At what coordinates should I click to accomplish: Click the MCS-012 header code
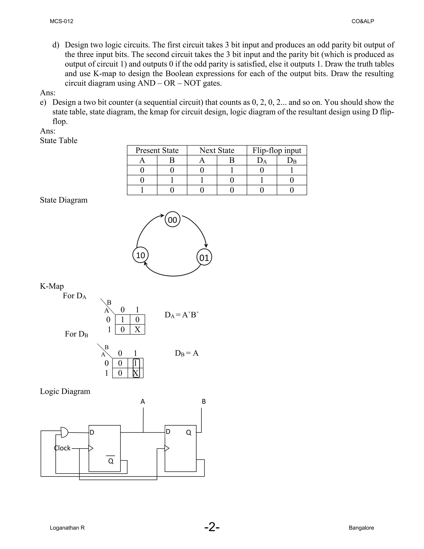coord(61,21)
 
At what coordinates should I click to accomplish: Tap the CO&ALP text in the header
coord(363,21)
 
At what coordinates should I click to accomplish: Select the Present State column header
coord(157,150)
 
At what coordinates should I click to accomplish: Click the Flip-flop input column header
coord(277,150)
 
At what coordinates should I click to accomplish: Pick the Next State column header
coord(217,150)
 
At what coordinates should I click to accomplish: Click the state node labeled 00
coord(173,220)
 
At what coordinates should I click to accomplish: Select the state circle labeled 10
coord(140,255)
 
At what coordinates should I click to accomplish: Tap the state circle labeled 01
coord(204,258)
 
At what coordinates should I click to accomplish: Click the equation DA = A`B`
coord(181,315)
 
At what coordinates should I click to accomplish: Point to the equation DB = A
coord(187,353)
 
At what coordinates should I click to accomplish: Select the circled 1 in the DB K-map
coord(136,363)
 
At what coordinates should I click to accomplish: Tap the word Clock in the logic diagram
coord(63,448)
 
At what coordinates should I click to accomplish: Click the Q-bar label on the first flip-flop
coord(111,461)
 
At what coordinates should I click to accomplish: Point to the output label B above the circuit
coord(204,401)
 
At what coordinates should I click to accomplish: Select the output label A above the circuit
coord(143,401)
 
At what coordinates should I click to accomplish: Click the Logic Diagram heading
coord(65,391)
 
